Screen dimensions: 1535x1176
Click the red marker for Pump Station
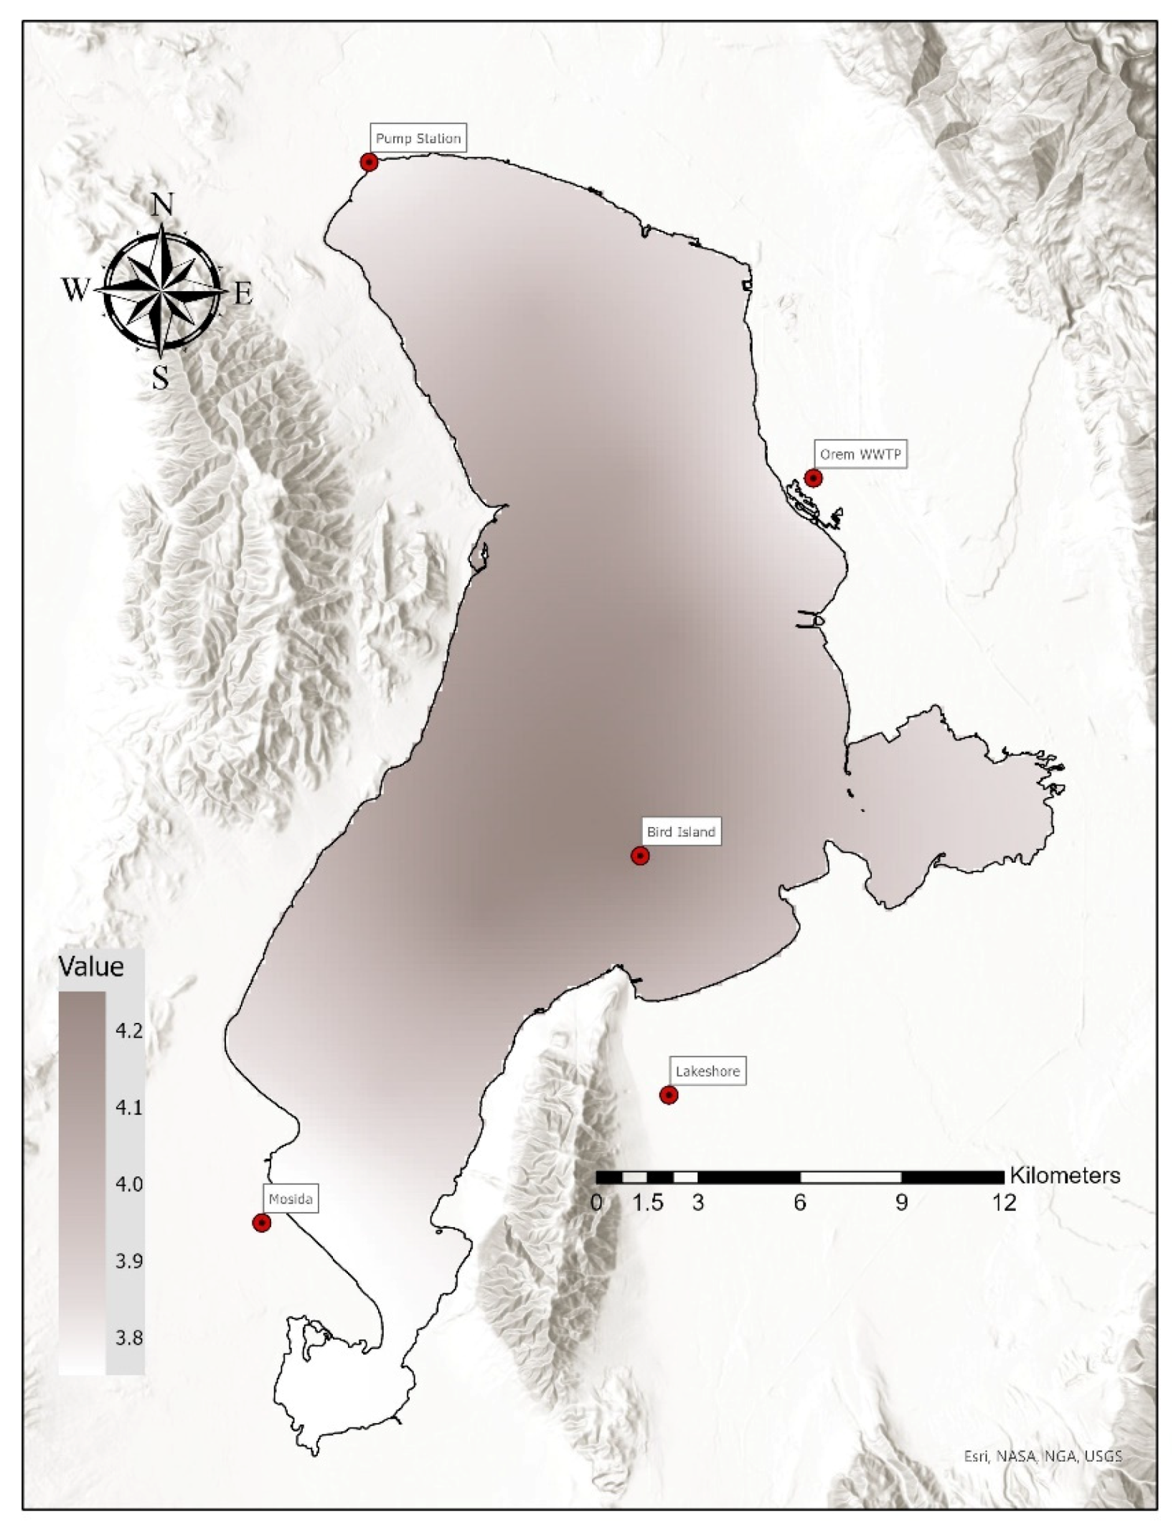click(x=369, y=162)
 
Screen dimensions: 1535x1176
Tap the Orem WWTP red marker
click(x=813, y=478)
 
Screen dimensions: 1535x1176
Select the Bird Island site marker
click(x=640, y=856)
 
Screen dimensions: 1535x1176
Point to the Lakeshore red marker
click(x=669, y=1095)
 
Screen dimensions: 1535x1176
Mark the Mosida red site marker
click(x=262, y=1223)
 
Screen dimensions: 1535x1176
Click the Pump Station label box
click(x=418, y=138)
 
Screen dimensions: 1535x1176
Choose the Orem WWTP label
click(x=860, y=454)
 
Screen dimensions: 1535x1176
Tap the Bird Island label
click(x=681, y=832)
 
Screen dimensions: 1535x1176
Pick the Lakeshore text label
click(x=707, y=1072)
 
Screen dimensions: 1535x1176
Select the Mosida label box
click(x=291, y=1199)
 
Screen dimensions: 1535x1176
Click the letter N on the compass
click(x=163, y=206)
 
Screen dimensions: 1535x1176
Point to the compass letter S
click(x=161, y=377)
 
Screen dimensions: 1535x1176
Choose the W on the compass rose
click(x=75, y=291)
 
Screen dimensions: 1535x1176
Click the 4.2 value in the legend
click(x=129, y=1031)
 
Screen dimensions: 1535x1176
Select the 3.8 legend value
click(x=129, y=1338)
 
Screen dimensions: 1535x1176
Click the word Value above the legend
click(x=91, y=967)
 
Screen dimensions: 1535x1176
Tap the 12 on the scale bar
click(x=1005, y=1203)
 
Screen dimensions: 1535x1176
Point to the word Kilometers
click(x=1065, y=1176)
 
